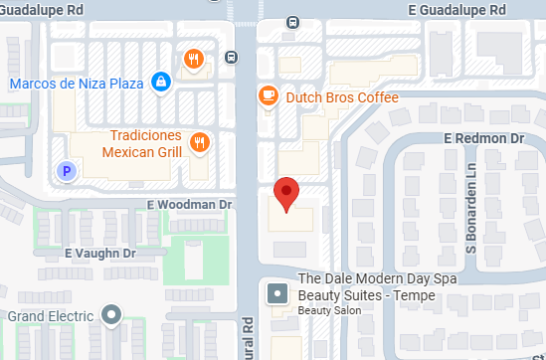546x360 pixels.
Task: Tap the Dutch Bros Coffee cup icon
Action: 267,96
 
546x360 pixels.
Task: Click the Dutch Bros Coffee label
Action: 341,97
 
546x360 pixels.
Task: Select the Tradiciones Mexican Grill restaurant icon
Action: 199,142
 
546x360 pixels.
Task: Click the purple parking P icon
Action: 67,171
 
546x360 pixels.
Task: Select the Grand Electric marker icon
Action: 112,316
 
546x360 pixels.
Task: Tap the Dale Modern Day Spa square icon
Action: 277,295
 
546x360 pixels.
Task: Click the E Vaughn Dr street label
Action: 99,254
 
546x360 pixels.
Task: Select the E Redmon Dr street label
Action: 483,136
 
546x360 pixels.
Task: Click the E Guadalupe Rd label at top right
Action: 456,9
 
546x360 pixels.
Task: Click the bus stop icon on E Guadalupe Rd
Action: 292,22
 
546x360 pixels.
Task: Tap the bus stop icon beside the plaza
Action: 231,56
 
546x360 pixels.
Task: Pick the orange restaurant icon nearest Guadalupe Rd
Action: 193,58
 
